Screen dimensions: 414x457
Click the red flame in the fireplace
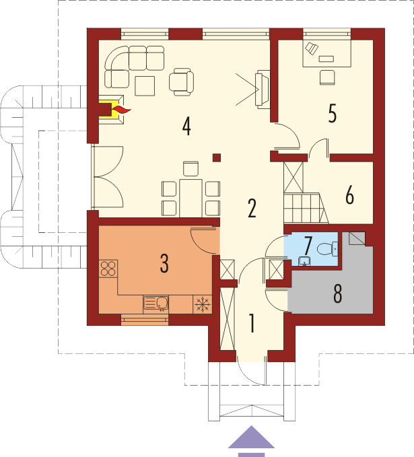tap(121, 110)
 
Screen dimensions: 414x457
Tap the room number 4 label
tap(186, 127)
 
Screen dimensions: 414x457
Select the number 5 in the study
tap(333, 113)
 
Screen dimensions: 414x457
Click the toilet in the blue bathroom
tap(327, 249)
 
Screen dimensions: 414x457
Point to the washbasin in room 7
tap(305, 261)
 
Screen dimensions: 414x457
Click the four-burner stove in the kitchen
tap(108, 269)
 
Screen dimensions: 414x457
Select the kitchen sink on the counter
tap(156, 304)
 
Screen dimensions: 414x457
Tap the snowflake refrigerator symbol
tap(203, 305)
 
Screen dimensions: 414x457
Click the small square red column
tap(217, 157)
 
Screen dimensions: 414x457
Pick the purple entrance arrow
tap(251, 441)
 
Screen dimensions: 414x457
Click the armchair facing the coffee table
tap(181, 82)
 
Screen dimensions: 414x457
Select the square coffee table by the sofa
tap(145, 85)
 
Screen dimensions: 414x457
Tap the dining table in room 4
tap(191, 198)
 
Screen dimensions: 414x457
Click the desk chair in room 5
tap(327, 77)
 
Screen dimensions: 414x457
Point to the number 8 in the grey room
tap(338, 294)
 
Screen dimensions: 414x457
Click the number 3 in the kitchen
tap(164, 263)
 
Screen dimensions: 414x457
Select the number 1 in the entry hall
tap(252, 323)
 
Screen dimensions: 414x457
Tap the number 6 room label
tap(349, 195)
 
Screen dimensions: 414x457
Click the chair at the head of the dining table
tap(191, 169)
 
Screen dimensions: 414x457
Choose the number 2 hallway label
tap(252, 209)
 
